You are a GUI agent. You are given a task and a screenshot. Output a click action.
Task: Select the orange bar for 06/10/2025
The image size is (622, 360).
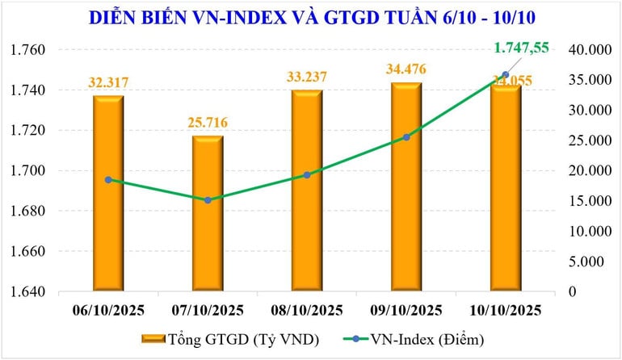(x=108, y=194)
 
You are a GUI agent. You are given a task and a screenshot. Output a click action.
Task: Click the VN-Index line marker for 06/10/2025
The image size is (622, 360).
(x=108, y=179)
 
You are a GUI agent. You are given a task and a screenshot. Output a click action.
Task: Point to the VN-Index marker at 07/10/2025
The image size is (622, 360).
(x=208, y=199)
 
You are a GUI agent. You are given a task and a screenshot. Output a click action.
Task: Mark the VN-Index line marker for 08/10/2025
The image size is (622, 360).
(x=307, y=174)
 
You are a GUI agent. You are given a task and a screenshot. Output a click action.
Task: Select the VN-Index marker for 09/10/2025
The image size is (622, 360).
(x=406, y=137)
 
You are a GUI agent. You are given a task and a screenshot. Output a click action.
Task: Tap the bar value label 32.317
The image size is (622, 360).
(x=108, y=82)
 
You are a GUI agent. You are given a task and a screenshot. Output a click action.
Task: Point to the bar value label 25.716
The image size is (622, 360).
(x=208, y=122)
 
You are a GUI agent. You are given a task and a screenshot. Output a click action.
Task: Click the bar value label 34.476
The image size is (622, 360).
(x=406, y=77)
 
